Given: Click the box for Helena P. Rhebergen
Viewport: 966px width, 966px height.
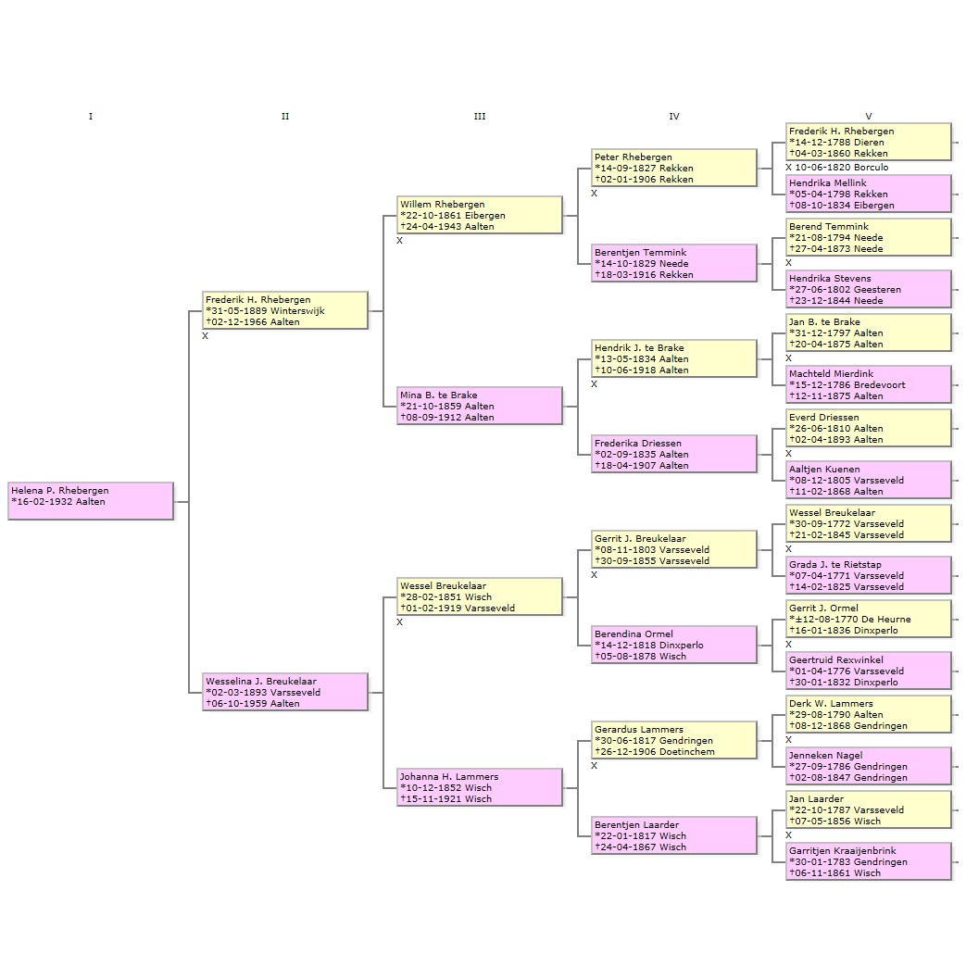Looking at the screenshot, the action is point(91,501).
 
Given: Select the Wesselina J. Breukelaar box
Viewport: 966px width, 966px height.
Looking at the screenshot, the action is point(285,692).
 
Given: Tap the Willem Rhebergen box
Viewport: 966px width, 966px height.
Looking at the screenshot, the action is point(480,215).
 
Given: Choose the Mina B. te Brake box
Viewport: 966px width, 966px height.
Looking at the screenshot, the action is point(480,406).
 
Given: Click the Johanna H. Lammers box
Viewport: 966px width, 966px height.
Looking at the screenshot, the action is point(480,787).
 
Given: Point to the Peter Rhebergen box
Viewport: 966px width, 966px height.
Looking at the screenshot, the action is point(674,168).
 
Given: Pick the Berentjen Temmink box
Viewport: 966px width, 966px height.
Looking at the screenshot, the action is point(674,263).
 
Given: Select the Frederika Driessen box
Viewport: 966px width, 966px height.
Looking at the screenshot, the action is point(674,454).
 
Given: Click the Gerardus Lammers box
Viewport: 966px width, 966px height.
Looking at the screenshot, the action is point(674,740).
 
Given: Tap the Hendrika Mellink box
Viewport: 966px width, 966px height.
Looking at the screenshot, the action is point(870,194).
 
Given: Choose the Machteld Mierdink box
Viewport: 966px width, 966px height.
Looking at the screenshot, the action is point(870,384).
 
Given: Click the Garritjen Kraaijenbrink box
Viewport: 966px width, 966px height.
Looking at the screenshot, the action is point(870,861).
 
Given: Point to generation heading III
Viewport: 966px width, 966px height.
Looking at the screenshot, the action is point(480,116).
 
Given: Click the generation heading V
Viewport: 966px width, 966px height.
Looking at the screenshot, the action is point(869,116).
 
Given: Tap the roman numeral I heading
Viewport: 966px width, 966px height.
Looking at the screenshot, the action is point(91,116).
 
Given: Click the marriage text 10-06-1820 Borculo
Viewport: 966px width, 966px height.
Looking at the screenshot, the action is point(842,167).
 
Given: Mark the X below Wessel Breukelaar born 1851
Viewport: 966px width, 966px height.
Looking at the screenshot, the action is point(400,622).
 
